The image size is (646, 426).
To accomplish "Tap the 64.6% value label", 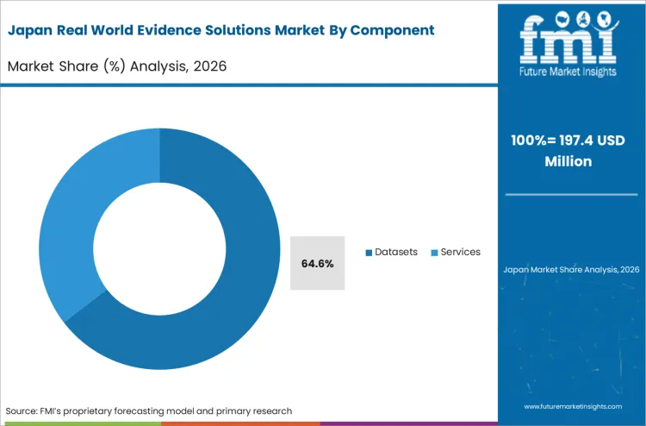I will coord(317,263).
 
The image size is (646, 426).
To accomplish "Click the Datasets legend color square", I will coord(368,253).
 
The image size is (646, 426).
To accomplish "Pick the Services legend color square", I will coord(434,253).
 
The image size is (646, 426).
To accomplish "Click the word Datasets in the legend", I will coord(396,252).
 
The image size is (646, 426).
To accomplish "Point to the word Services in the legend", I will coord(460,252).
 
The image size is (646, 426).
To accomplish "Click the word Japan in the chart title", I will coord(32,30).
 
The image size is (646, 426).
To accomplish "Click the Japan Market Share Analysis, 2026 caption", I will coord(571,270).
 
